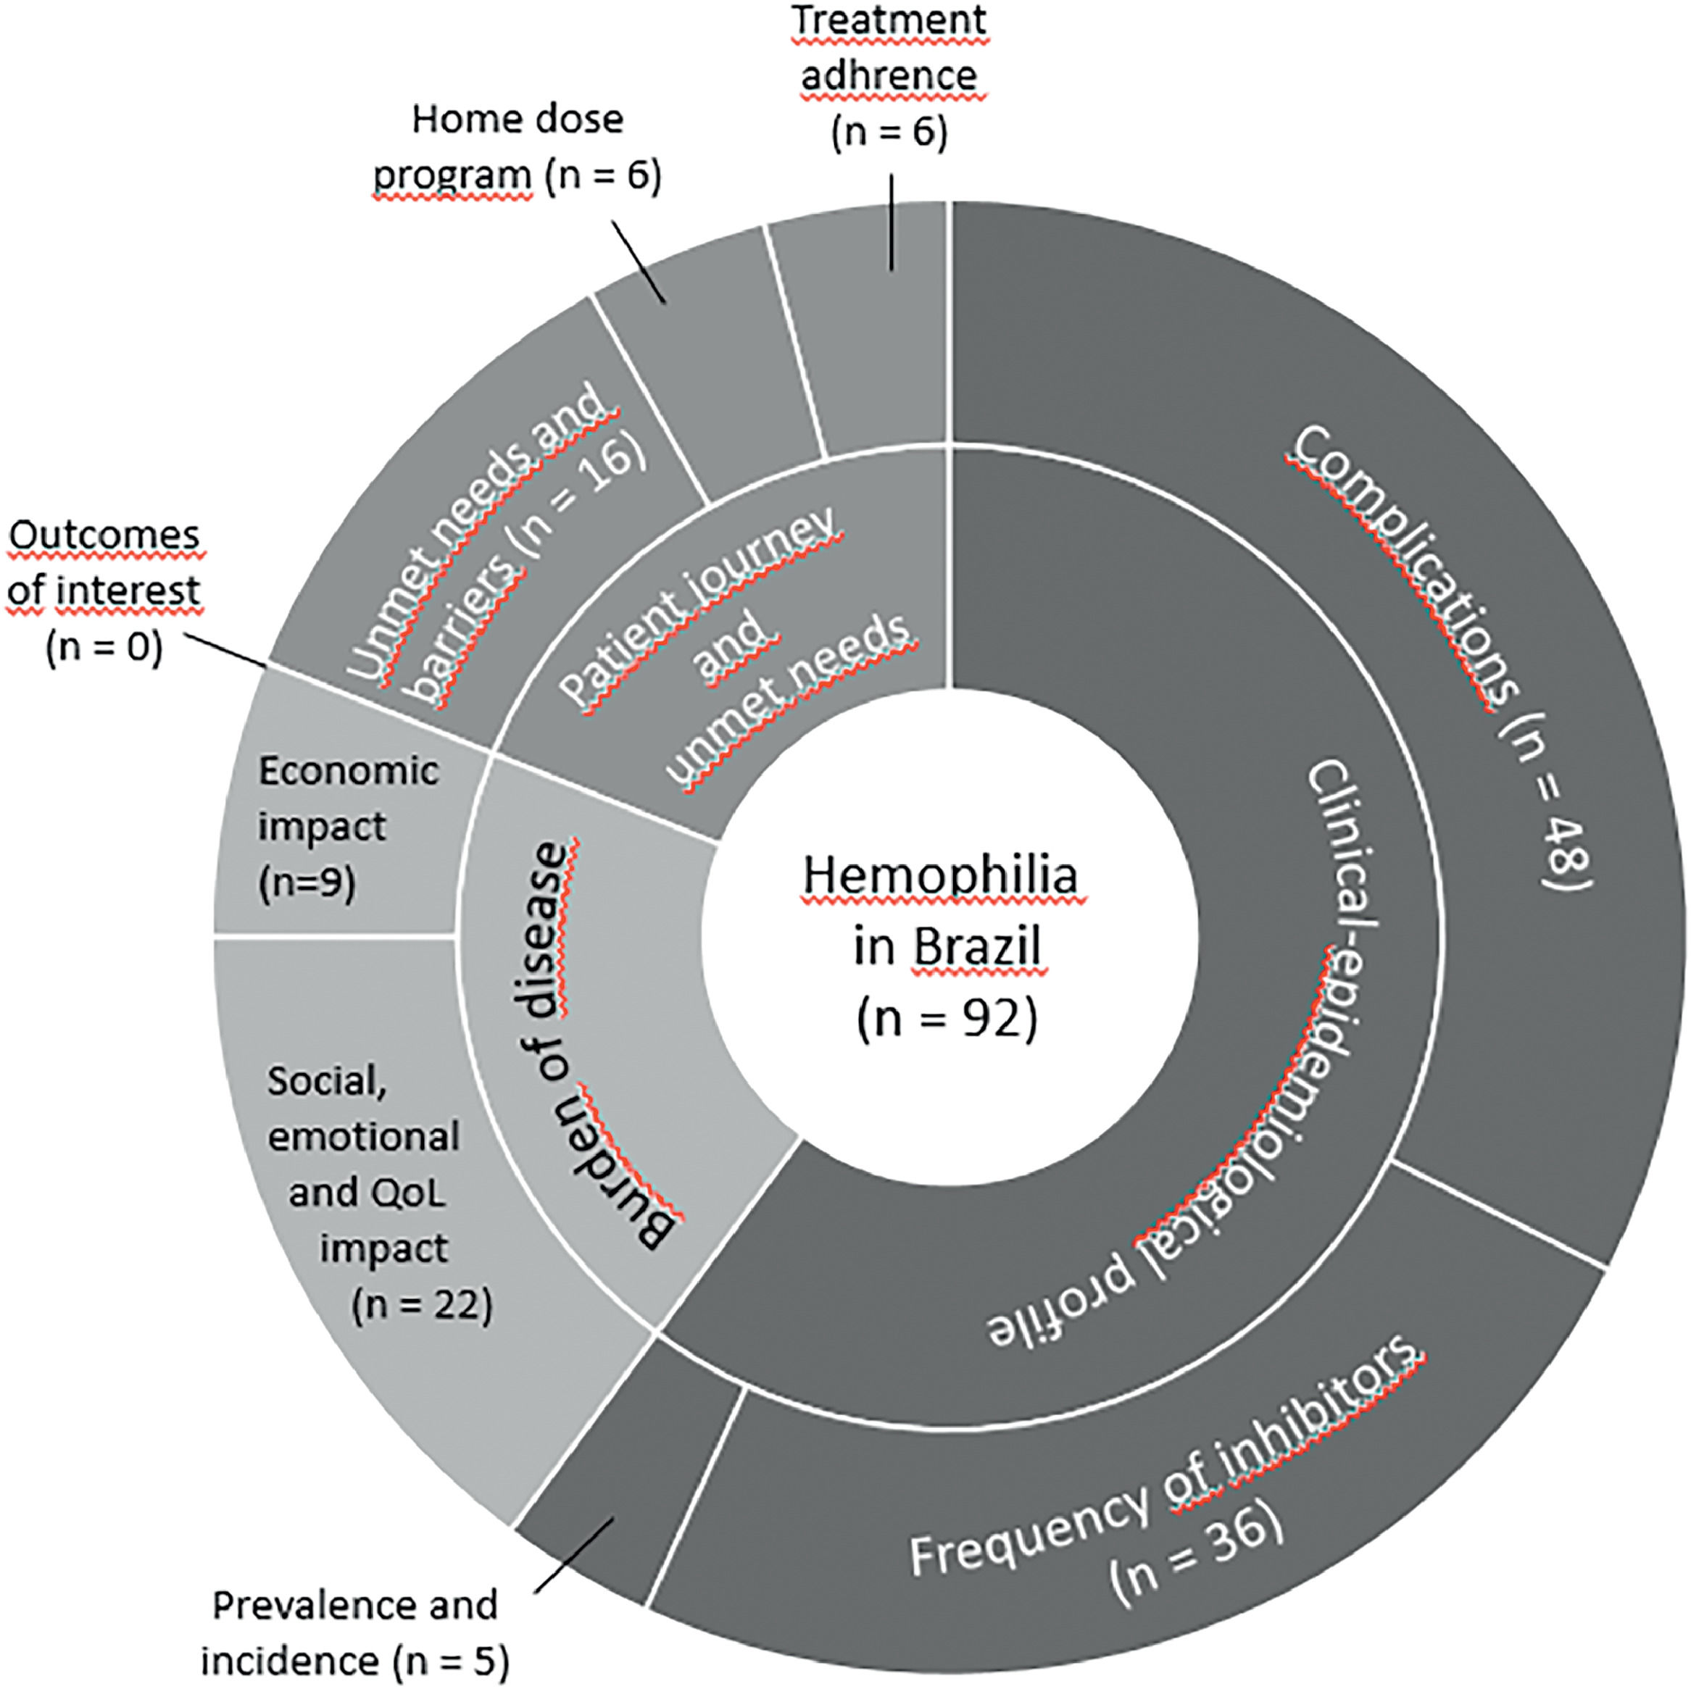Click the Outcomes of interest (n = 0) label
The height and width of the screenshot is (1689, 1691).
pyautogui.click(x=104, y=591)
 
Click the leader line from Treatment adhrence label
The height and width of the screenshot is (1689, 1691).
pyautogui.click(x=892, y=223)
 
